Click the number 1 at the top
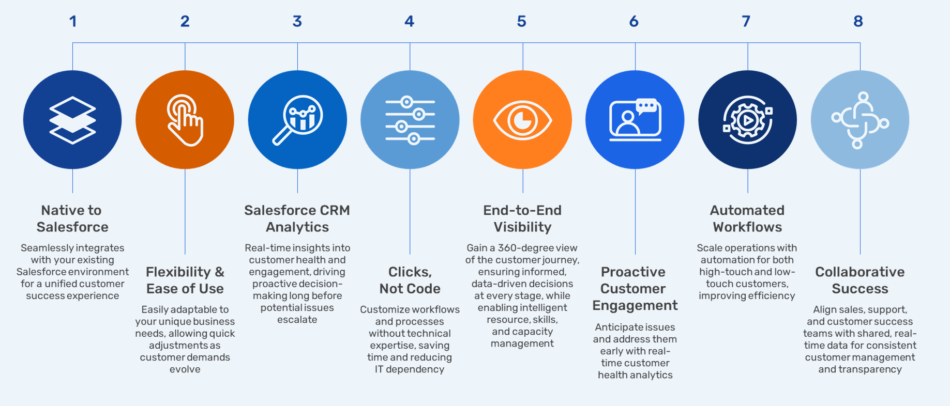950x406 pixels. coord(73,21)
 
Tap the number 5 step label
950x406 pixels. coord(521,21)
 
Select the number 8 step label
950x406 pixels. coord(858,21)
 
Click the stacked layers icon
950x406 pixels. coord(72,120)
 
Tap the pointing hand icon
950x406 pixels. coord(185,120)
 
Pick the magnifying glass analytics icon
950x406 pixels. coord(297,120)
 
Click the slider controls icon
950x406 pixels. coord(410,120)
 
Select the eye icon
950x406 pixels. coord(522,120)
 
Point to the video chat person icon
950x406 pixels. coord(635,120)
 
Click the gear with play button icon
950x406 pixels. coord(747,120)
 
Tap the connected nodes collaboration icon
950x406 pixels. coord(859,120)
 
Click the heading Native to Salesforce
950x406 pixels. coord(72,218)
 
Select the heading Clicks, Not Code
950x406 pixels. coord(410,280)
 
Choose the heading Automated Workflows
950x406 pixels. coord(747,218)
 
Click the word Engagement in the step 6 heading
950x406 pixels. coord(635,306)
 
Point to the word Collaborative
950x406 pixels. coord(859,272)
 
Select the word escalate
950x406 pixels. coord(297,320)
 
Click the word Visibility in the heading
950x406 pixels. coord(522,227)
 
